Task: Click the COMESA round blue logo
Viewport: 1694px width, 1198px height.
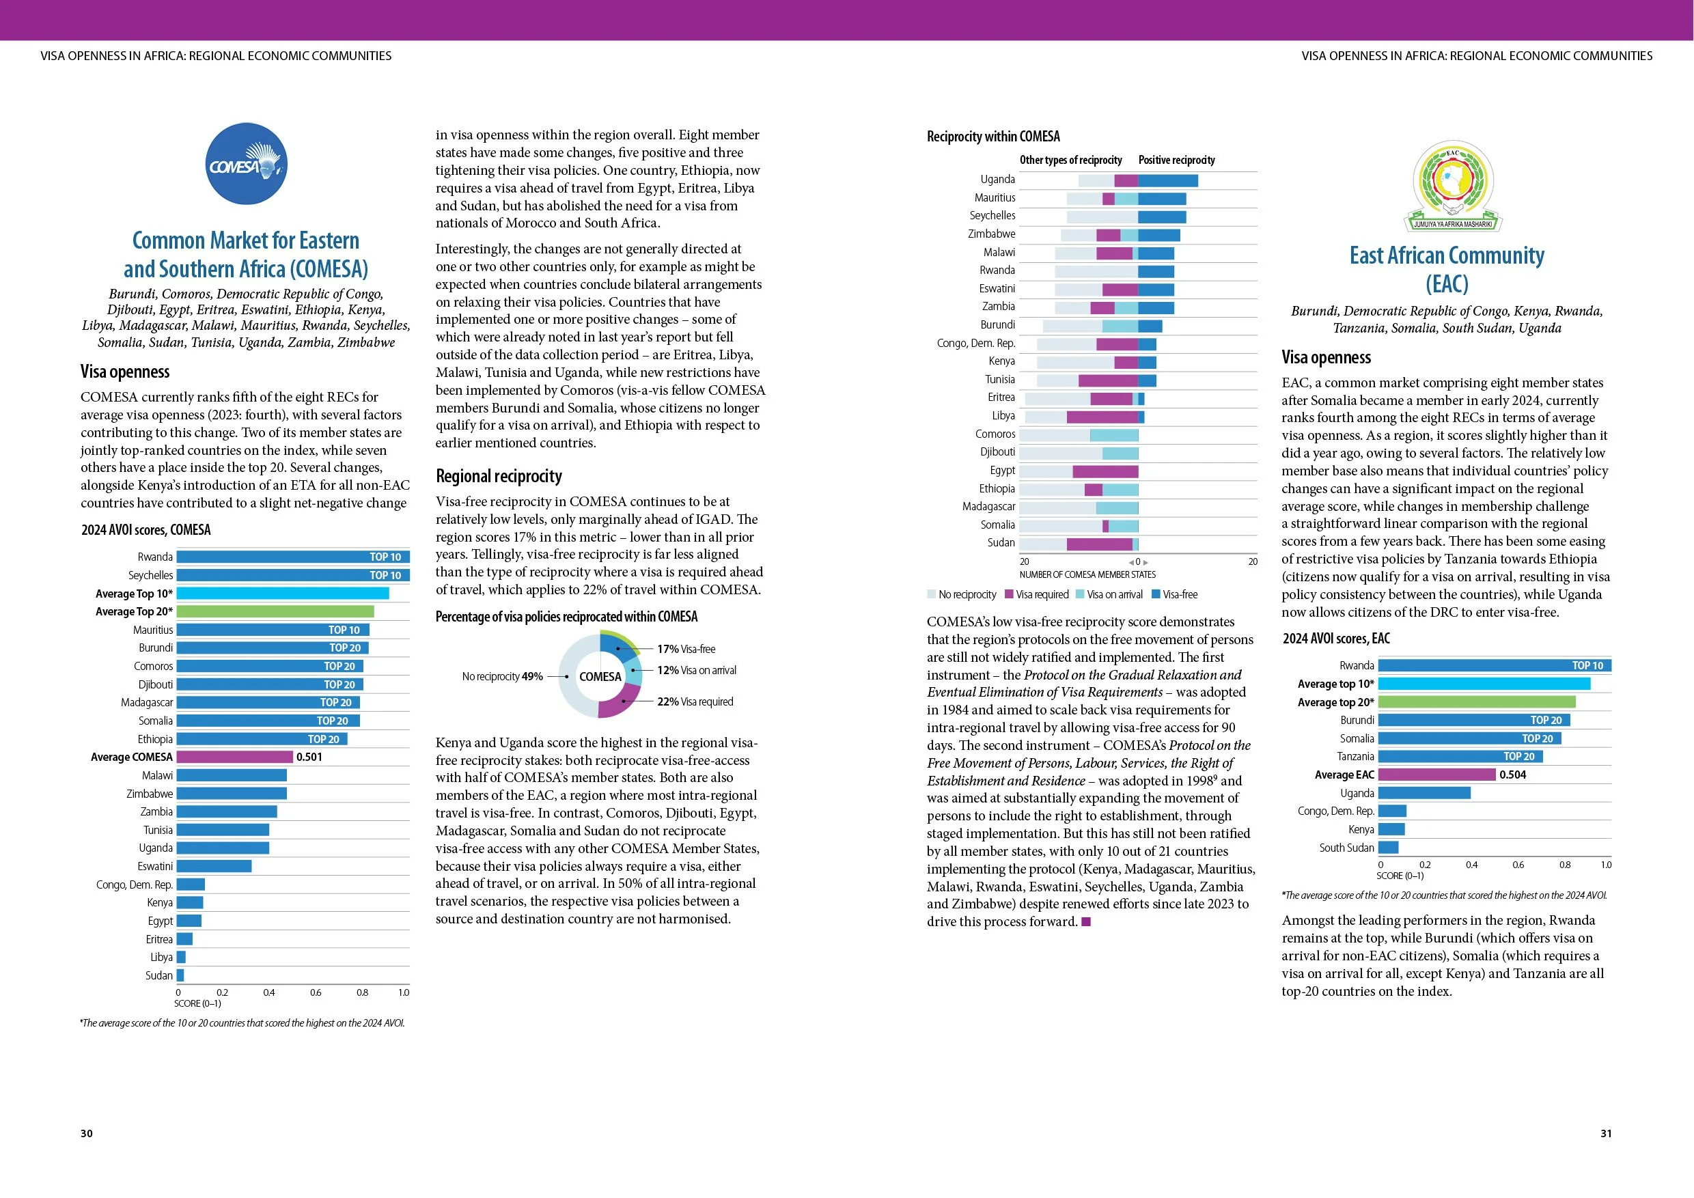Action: click(x=246, y=165)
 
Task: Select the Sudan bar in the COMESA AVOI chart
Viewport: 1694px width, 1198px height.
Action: click(x=181, y=975)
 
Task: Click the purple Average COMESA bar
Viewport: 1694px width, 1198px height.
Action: click(x=234, y=757)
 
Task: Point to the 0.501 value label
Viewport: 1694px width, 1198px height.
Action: click(x=309, y=757)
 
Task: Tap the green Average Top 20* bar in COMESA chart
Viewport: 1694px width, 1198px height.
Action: click(x=275, y=611)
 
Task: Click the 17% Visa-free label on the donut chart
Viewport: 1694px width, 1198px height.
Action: click(x=686, y=649)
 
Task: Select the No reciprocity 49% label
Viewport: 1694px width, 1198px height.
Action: click(x=501, y=676)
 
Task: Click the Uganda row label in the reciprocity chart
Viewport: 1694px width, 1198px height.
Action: click(x=997, y=179)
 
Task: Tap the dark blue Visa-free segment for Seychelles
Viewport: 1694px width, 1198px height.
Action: click(x=1161, y=216)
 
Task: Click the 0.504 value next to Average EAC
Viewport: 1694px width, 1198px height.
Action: click(x=1512, y=775)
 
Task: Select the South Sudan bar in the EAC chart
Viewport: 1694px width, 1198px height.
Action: click(x=1388, y=848)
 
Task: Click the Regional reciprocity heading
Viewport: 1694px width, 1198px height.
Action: click(x=499, y=476)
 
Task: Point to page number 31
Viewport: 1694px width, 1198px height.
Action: click(x=1605, y=1134)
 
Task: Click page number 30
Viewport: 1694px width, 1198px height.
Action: click(x=86, y=1134)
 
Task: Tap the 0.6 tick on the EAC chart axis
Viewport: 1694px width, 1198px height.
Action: click(x=1518, y=865)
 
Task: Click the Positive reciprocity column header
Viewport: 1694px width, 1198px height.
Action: click(x=1176, y=160)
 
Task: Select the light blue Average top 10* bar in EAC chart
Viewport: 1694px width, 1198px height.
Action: click(x=1484, y=684)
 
